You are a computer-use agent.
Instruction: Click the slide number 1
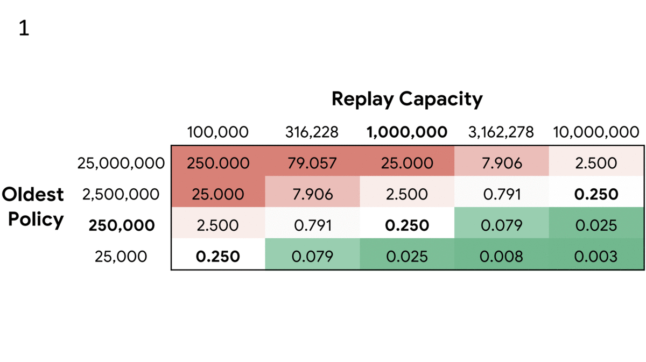coord(24,29)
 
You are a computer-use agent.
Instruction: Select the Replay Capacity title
coord(407,99)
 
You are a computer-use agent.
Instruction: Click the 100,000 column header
coord(218,132)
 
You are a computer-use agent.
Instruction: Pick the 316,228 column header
coord(312,132)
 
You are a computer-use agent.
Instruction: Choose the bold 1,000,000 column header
coord(407,132)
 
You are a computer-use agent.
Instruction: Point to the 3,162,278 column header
coord(502,132)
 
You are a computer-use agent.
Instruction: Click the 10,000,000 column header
coord(595,132)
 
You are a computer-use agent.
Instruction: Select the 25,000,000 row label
coord(121,164)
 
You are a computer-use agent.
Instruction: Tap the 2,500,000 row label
coord(121,194)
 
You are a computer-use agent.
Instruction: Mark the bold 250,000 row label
coord(122,225)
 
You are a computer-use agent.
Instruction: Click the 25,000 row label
coord(121,257)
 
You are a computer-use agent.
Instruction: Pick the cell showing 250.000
coord(218,164)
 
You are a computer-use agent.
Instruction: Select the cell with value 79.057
coord(312,164)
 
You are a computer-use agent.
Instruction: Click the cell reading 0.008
coord(502,257)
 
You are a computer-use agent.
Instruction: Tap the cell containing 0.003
coord(595,257)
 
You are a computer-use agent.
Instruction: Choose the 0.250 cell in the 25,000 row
coord(218,257)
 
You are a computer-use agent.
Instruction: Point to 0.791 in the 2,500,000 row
coord(502,194)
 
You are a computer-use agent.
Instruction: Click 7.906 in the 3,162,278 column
coord(502,164)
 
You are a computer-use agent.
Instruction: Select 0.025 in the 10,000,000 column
coord(595,225)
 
